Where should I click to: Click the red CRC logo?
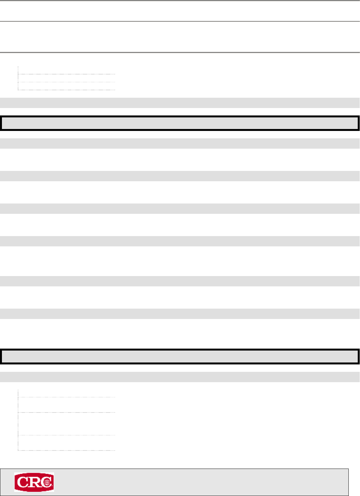(34, 482)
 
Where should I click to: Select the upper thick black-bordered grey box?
(180, 123)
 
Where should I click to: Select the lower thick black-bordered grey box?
(180, 356)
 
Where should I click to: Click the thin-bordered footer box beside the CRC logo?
(200, 482)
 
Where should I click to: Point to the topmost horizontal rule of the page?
(180, 1)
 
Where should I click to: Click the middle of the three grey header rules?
(180, 21)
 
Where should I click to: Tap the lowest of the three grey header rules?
(180, 52)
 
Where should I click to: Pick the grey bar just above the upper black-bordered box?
(180, 103)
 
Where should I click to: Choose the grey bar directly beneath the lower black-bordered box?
(180, 377)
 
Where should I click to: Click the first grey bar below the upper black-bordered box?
(180, 143)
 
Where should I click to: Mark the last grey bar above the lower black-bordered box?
(180, 313)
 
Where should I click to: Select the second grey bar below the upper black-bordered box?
(180, 176)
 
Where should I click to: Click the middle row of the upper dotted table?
(66, 78)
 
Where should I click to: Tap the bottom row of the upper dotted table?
(66, 86)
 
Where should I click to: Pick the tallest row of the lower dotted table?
(66, 424)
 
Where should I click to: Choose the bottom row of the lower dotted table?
(66, 443)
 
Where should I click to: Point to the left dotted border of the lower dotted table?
(18, 419)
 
